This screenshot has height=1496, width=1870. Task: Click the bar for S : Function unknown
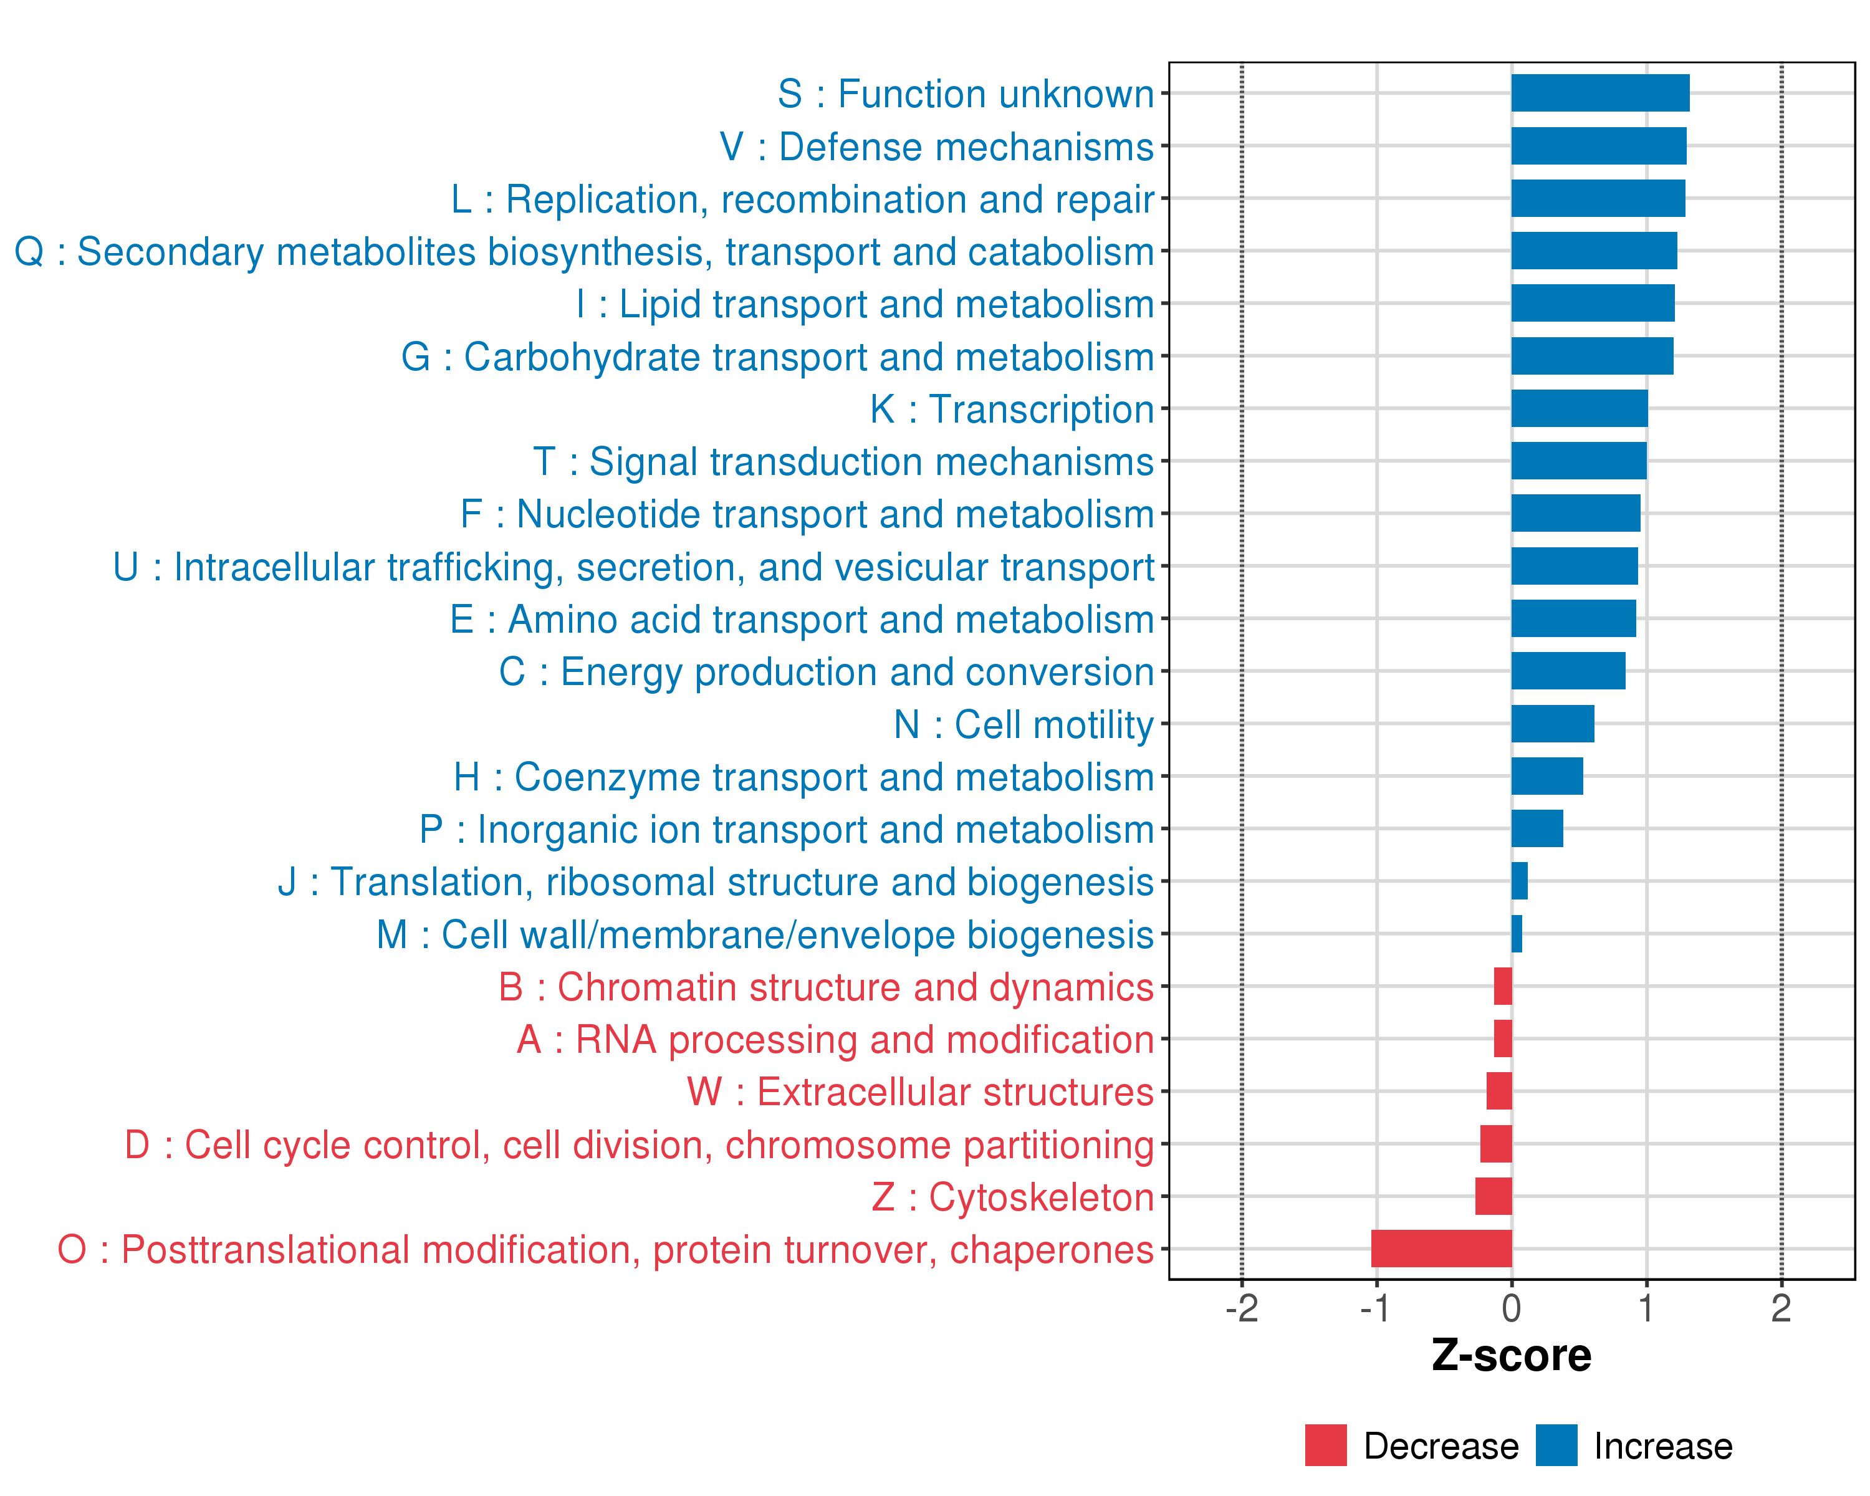pyautogui.click(x=1600, y=93)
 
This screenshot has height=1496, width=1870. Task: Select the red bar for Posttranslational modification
pyautogui.click(x=1442, y=1249)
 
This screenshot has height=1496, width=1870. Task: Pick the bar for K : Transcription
pyautogui.click(x=1580, y=408)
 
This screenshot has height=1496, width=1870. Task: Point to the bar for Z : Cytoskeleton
pyautogui.click(x=1494, y=1196)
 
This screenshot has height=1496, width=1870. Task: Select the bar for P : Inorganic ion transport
pyautogui.click(x=1537, y=829)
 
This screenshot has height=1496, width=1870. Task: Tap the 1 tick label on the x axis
pyautogui.click(x=1646, y=1308)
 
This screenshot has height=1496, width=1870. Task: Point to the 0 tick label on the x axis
pyautogui.click(x=1512, y=1308)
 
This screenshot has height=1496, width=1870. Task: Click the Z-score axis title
pyautogui.click(x=1512, y=1356)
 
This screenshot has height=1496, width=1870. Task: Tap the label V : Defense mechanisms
pyautogui.click(x=937, y=146)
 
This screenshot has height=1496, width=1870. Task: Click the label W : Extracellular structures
pyautogui.click(x=920, y=1092)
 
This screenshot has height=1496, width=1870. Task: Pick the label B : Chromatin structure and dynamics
pyautogui.click(x=826, y=987)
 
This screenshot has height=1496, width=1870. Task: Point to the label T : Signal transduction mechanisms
pyautogui.click(x=843, y=461)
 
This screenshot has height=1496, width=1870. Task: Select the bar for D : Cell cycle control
pyautogui.click(x=1496, y=1144)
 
